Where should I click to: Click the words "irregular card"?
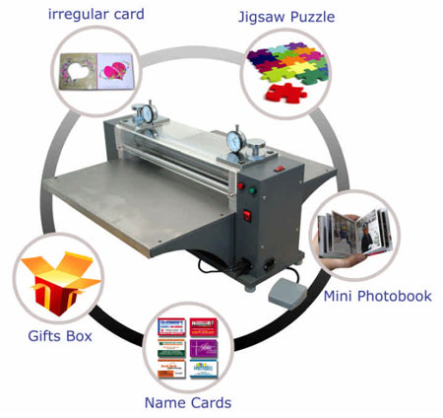tap(95, 14)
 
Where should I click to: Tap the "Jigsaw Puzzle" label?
tap(286, 17)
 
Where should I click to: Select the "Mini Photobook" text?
tap(377, 296)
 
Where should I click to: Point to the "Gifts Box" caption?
tap(60, 336)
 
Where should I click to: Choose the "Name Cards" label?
tap(188, 402)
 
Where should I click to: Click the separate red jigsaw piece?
tap(286, 93)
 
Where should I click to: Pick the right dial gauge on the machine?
tap(236, 141)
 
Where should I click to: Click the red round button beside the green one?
tap(241, 186)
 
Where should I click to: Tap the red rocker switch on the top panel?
tap(280, 169)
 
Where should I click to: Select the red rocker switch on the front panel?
tap(247, 216)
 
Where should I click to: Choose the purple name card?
tap(204, 349)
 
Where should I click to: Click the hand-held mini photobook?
tap(355, 233)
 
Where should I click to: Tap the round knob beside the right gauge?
tap(256, 149)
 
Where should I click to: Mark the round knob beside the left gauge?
tap(138, 112)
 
